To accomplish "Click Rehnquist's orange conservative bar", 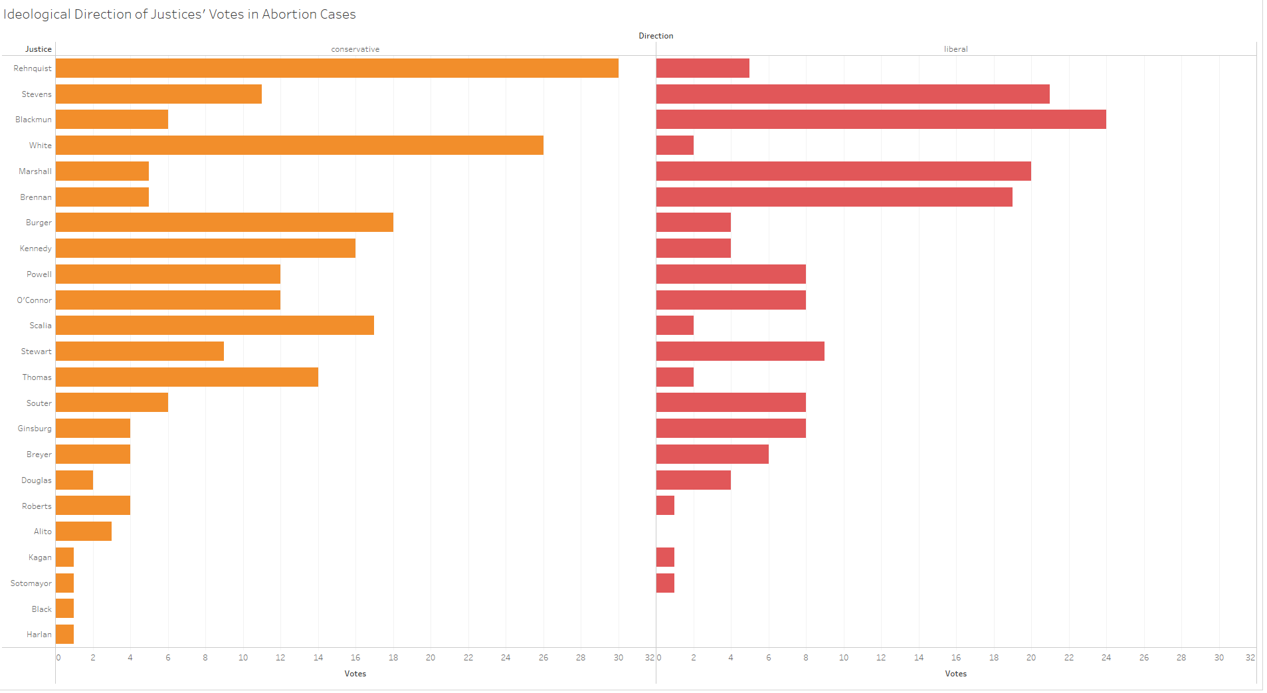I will (x=337, y=68).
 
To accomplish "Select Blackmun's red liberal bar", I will (x=881, y=120).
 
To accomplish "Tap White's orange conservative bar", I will (x=299, y=146).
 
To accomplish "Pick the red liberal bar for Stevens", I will (x=852, y=94).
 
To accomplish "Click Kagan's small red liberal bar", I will (x=665, y=557).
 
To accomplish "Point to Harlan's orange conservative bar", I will (x=64, y=635).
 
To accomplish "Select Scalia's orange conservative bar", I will (x=215, y=326).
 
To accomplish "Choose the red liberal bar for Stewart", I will (x=740, y=351).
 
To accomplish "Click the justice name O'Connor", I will (x=34, y=300).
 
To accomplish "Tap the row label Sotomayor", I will (x=31, y=583).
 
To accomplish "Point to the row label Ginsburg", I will (x=35, y=429).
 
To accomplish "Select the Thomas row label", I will (x=37, y=377).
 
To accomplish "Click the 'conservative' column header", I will (x=355, y=49).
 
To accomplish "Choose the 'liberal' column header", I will (x=955, y=49).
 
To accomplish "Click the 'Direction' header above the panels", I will (x=656, y=36).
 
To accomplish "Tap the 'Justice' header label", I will (x=38, y=49).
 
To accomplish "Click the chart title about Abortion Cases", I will (x=179, y=14).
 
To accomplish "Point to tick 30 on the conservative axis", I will (x=618, y=658).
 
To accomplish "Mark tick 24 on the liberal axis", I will (x=1106, y=658).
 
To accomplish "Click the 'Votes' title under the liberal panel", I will (x=955, y=674).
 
